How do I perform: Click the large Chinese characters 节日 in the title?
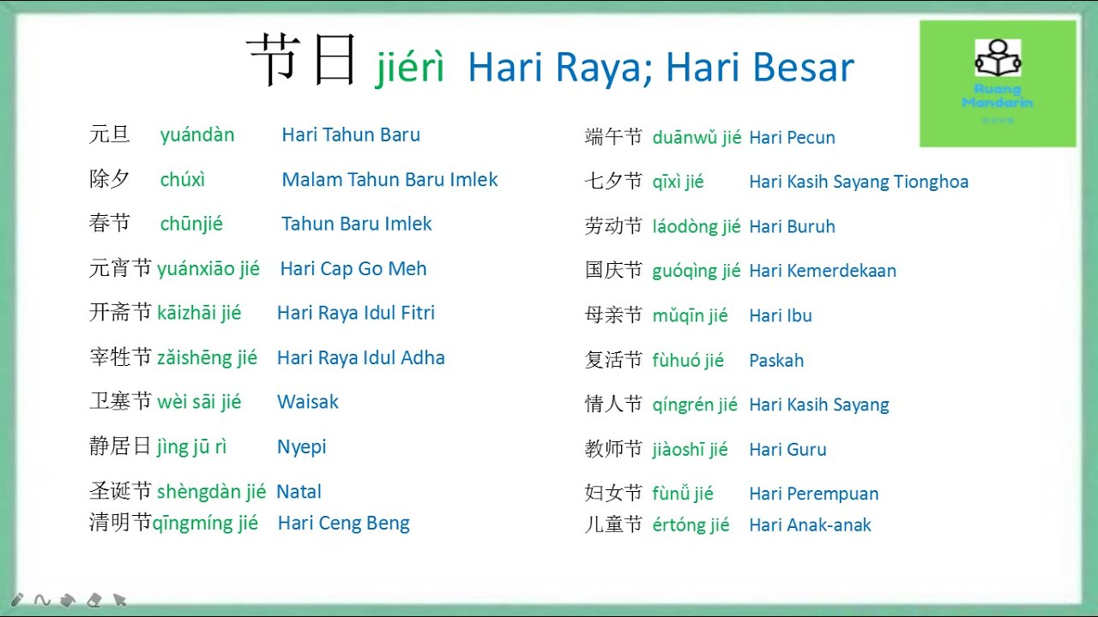pos(301,62)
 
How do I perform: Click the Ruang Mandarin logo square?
pos(998,84)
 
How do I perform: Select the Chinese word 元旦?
pos(110,135)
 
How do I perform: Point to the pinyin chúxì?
pos(183,180)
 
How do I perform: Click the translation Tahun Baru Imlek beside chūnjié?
pos(356,225)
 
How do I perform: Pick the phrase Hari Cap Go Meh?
pos(353,269)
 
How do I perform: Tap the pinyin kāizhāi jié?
pos(199,313)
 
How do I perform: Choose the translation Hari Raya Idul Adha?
pos(360,358)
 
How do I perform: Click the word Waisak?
pos(308,402)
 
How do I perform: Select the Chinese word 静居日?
pos(120,446)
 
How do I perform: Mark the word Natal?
pos(299,492)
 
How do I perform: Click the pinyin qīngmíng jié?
pos(206,523)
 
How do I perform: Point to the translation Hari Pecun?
pos(792,137)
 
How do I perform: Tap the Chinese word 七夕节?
pos(613,182)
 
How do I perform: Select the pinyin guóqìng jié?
pos(696,271)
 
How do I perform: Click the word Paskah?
pos(776,361)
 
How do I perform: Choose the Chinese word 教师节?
pos(613,449)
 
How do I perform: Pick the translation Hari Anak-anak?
pos(810,525)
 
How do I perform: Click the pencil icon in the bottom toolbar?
pos(17,600)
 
